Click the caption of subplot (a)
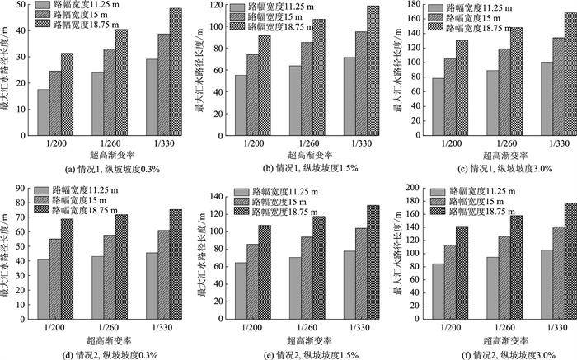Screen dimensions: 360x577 tap(96, 170)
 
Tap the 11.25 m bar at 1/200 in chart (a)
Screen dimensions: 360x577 tap(43, 113)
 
